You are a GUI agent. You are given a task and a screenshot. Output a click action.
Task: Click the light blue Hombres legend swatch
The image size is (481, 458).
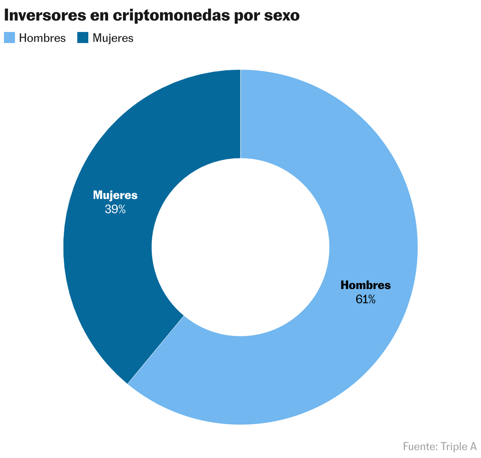[9, 38]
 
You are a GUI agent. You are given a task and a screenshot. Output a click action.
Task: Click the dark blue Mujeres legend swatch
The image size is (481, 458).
[82, 38]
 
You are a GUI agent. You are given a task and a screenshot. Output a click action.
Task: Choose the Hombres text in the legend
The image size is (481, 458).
[42, 38]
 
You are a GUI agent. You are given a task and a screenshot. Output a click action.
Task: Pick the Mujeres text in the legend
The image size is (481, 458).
[113, 38]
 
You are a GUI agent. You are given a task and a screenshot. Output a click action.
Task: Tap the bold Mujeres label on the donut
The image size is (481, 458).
[115, 195]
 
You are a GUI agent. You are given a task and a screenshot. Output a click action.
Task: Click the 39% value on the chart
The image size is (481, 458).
[115, 209]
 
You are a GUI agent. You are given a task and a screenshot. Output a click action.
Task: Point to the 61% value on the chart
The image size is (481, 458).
[365, 299]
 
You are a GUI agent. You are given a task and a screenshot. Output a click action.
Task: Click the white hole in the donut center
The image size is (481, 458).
[240, 247]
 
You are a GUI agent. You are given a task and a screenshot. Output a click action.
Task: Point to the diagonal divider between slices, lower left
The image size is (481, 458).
[156, 349]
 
